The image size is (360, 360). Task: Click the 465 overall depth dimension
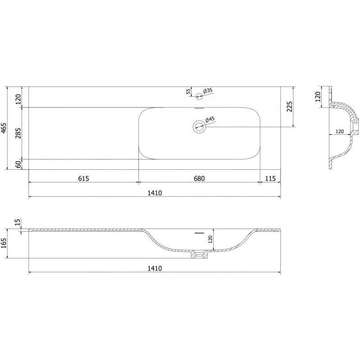[4, 128]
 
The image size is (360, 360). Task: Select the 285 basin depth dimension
[18, 133]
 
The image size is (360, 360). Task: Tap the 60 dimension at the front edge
[18, 164]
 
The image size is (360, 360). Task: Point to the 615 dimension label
[84, 178]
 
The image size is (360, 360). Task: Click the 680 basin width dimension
[199, 178]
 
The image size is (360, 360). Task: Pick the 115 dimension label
[270, 178]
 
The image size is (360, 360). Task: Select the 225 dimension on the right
[290, 107]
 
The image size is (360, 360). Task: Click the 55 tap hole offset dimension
[188, 91]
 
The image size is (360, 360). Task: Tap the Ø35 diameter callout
[208, 90]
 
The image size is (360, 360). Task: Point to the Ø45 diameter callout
[210, 119]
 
